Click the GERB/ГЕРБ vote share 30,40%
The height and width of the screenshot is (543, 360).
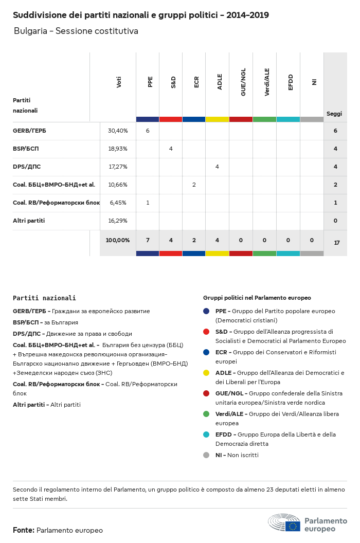(118, 131)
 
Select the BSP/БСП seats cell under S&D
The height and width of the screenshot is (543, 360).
(171, 149)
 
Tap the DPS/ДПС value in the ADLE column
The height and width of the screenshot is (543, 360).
(217, 167)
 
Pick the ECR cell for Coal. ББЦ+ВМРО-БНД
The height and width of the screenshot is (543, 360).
(194, 185)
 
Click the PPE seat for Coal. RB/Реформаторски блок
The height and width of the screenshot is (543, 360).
(148, 203)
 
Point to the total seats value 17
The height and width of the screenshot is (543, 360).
(336, 243)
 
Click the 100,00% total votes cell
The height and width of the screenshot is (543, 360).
(118, 240)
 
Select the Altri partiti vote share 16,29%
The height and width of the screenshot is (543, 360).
(118, 221)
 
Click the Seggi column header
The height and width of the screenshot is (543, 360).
(334, 114)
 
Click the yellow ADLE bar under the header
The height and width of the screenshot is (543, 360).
(217, 119)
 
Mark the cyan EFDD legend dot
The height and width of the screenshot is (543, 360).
(206, 435)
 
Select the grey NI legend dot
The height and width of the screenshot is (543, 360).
(206, 455)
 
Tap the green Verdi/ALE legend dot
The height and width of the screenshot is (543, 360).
(206, 414)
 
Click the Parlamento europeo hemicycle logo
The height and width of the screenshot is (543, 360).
(284, 522)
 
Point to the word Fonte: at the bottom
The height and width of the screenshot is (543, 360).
(24, 530)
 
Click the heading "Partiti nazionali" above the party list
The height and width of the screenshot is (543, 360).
(44, 298)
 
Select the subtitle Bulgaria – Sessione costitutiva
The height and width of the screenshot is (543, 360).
(76, 31)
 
